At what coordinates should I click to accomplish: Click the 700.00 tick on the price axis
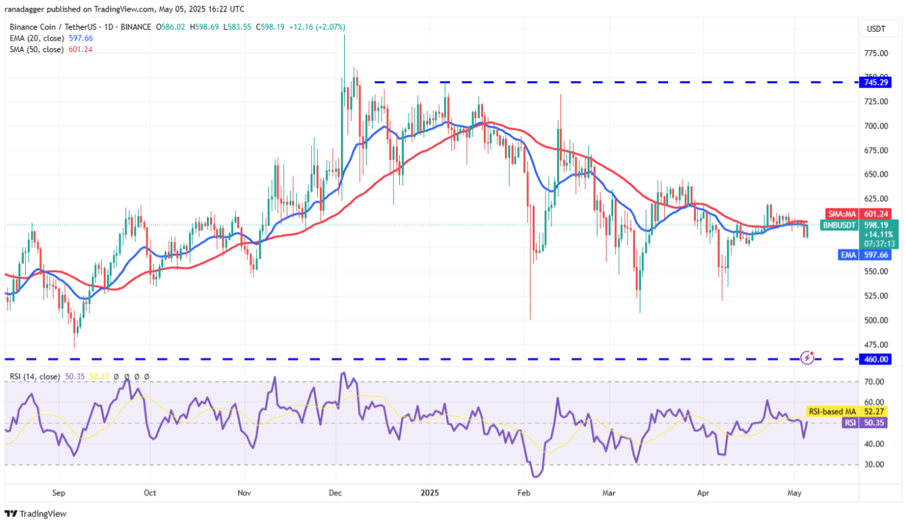click(x=875, y=126)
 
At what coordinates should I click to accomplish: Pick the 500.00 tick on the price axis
click(x=875, y=320)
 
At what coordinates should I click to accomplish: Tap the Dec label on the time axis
click(x=335, y=493)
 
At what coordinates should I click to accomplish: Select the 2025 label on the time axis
click(x=430, y=493)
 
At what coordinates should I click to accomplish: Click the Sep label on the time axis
click(x=58, y=493)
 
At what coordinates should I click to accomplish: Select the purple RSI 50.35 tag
click(x=859, y=422)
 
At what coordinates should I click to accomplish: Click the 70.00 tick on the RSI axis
click(x=874, y=382)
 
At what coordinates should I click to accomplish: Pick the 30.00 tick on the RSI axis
click(x=874, y=464)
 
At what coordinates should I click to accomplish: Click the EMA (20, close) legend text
click(x=37, y=39)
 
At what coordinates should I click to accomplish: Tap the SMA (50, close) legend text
click(x=37, y=49)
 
